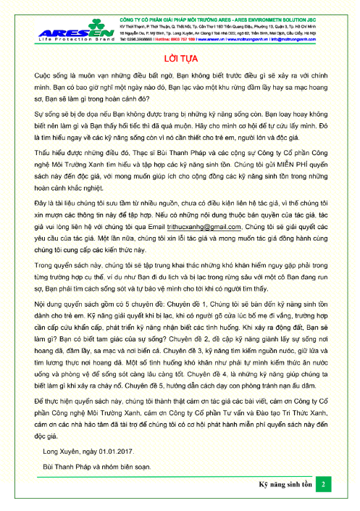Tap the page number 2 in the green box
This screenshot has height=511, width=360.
click(x=325, y=483)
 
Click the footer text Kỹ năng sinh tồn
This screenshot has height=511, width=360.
click(x=285, y=483)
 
